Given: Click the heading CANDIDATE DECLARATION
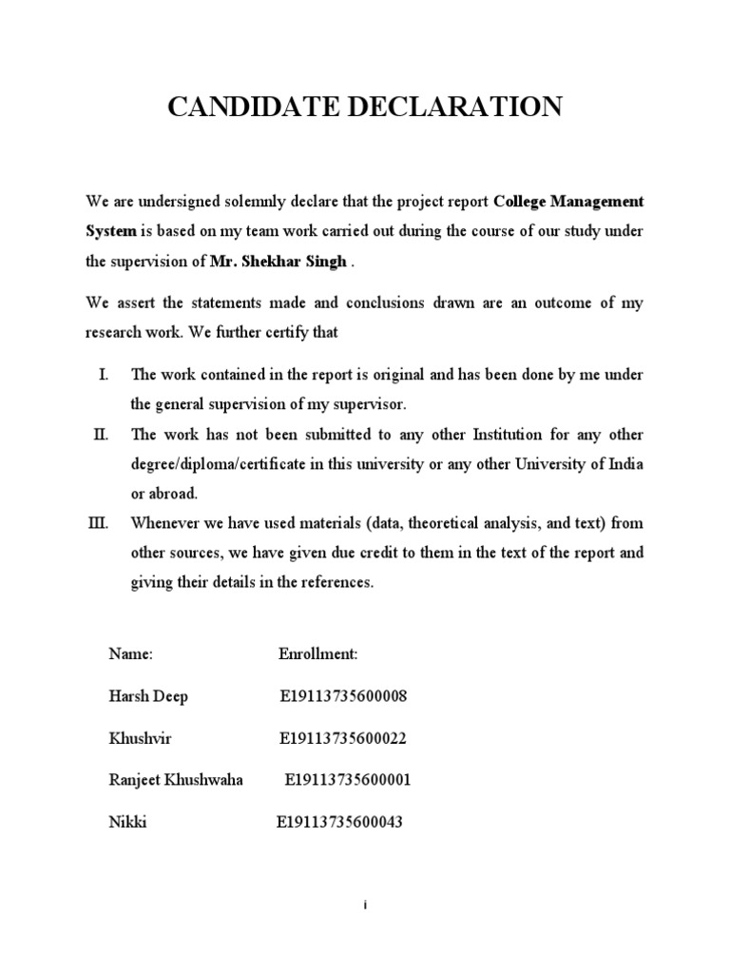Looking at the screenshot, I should pyautogui.click(x=365, y=107).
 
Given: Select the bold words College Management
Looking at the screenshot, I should pyautogui.click(x=568, y=203).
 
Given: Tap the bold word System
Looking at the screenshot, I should pyautogui.click(x=112, y=233).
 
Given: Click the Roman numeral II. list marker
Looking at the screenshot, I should pyautogui.click(x=102, y=435).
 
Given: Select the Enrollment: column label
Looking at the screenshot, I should pyautogui.click(x=317, y=655).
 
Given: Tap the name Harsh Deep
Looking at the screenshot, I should pyautogui.click(x=148, y=696).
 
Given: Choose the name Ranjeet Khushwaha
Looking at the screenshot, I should pyautogui.click(x=176, y=780).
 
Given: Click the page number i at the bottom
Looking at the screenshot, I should pyautogui.click(x=365, y=906).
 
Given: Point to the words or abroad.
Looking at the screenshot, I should pyautogui.click(x=163, y=495).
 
